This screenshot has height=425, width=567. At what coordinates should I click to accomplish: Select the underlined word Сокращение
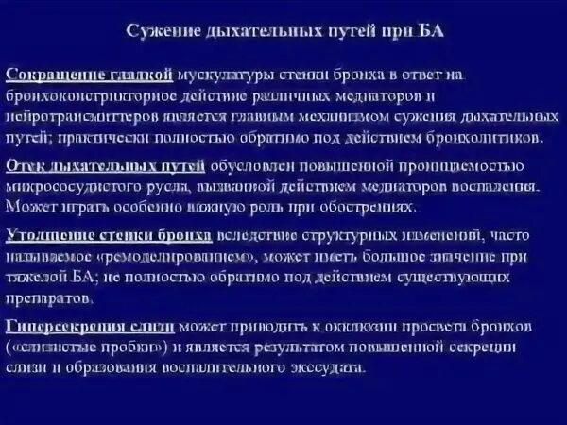(48, 74)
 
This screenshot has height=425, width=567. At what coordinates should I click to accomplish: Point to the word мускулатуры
(224, 74)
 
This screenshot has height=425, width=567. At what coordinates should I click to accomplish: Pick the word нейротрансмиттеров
(77, 116)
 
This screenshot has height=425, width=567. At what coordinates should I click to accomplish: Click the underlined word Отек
(25, 165)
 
